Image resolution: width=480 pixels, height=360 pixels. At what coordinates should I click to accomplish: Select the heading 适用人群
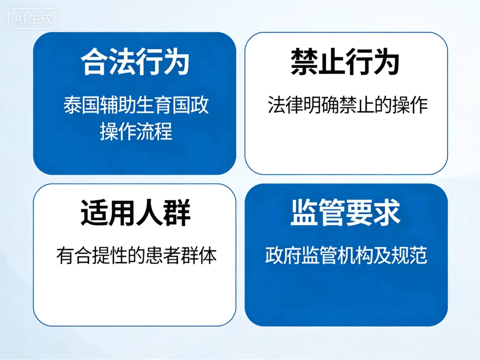pyautogui.click(x=135, y=214)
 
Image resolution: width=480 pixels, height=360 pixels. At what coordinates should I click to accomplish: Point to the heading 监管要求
pyautogui.click(x=345, y=214)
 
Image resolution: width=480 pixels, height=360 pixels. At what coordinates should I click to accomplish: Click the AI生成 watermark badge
pyautogui.click(x=33, y=19)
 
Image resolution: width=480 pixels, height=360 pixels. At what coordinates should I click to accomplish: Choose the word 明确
pyautogui.click(x=322, y=105)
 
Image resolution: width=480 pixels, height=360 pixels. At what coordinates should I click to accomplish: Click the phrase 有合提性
pyautogui.click(x=91, y=256)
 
